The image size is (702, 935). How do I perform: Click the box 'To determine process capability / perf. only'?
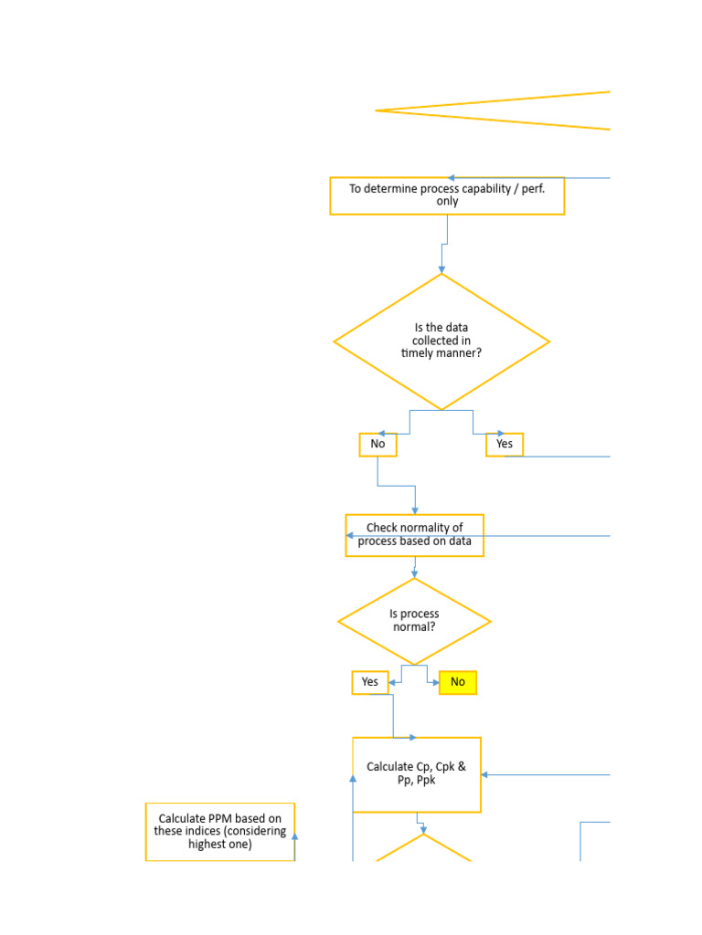coord(446,195)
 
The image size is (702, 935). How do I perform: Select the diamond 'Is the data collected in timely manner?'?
coord(441,341)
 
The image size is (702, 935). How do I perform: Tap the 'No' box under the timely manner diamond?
coord(378,445)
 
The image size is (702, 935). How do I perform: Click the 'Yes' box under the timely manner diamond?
coord(504,445)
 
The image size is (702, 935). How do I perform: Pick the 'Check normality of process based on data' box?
coord(414,535)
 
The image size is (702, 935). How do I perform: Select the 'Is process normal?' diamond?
coord(414,622)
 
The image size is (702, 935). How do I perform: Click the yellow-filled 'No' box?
coord(457,682)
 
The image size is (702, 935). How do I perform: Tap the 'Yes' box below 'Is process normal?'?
coord(369,682)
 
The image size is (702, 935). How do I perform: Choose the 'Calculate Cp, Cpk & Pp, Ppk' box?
coord(416,774)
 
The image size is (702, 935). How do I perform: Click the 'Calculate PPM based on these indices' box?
coord(219,832)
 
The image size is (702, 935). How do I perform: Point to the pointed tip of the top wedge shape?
coord(378,110)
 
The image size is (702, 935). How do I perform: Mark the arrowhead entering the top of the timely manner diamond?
coord(441,269)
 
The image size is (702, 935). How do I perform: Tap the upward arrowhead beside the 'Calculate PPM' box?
coord(294,811)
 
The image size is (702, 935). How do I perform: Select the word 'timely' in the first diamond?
coord(419,353)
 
